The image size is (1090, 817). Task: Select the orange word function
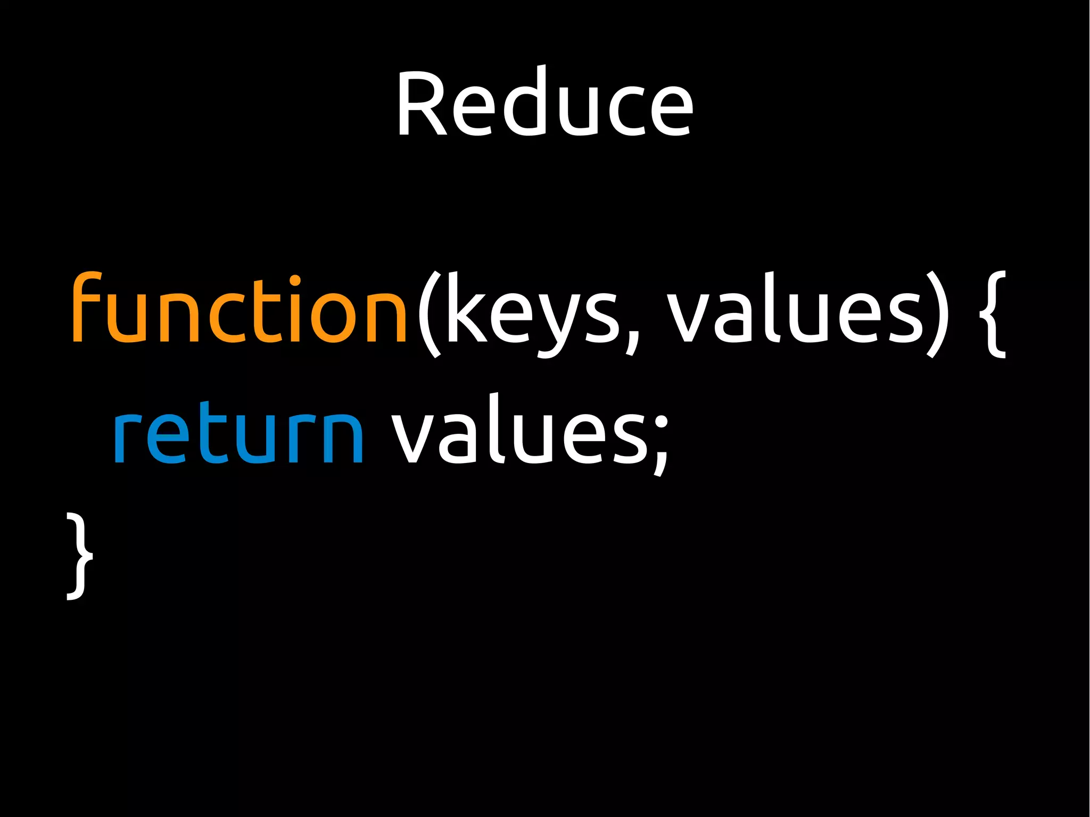tap(240, 309)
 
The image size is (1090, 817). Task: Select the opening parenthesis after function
tap(429, 314)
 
